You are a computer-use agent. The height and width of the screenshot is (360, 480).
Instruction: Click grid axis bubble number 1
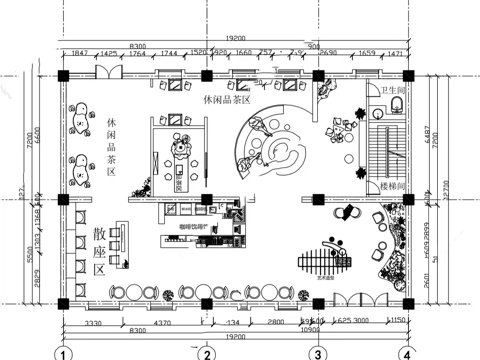click(x=63, y=353)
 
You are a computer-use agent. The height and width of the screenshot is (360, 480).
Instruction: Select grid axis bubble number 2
click(x=206, y=353)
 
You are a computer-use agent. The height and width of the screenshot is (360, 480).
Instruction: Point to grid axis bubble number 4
click(x=406, y=353)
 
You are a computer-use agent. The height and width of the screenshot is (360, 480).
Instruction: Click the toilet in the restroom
click(x=395, y=105)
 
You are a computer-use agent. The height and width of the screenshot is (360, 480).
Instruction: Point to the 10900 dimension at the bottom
click(x=311, y=329)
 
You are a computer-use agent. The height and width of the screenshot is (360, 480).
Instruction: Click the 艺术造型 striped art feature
click(x=328, y=262)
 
